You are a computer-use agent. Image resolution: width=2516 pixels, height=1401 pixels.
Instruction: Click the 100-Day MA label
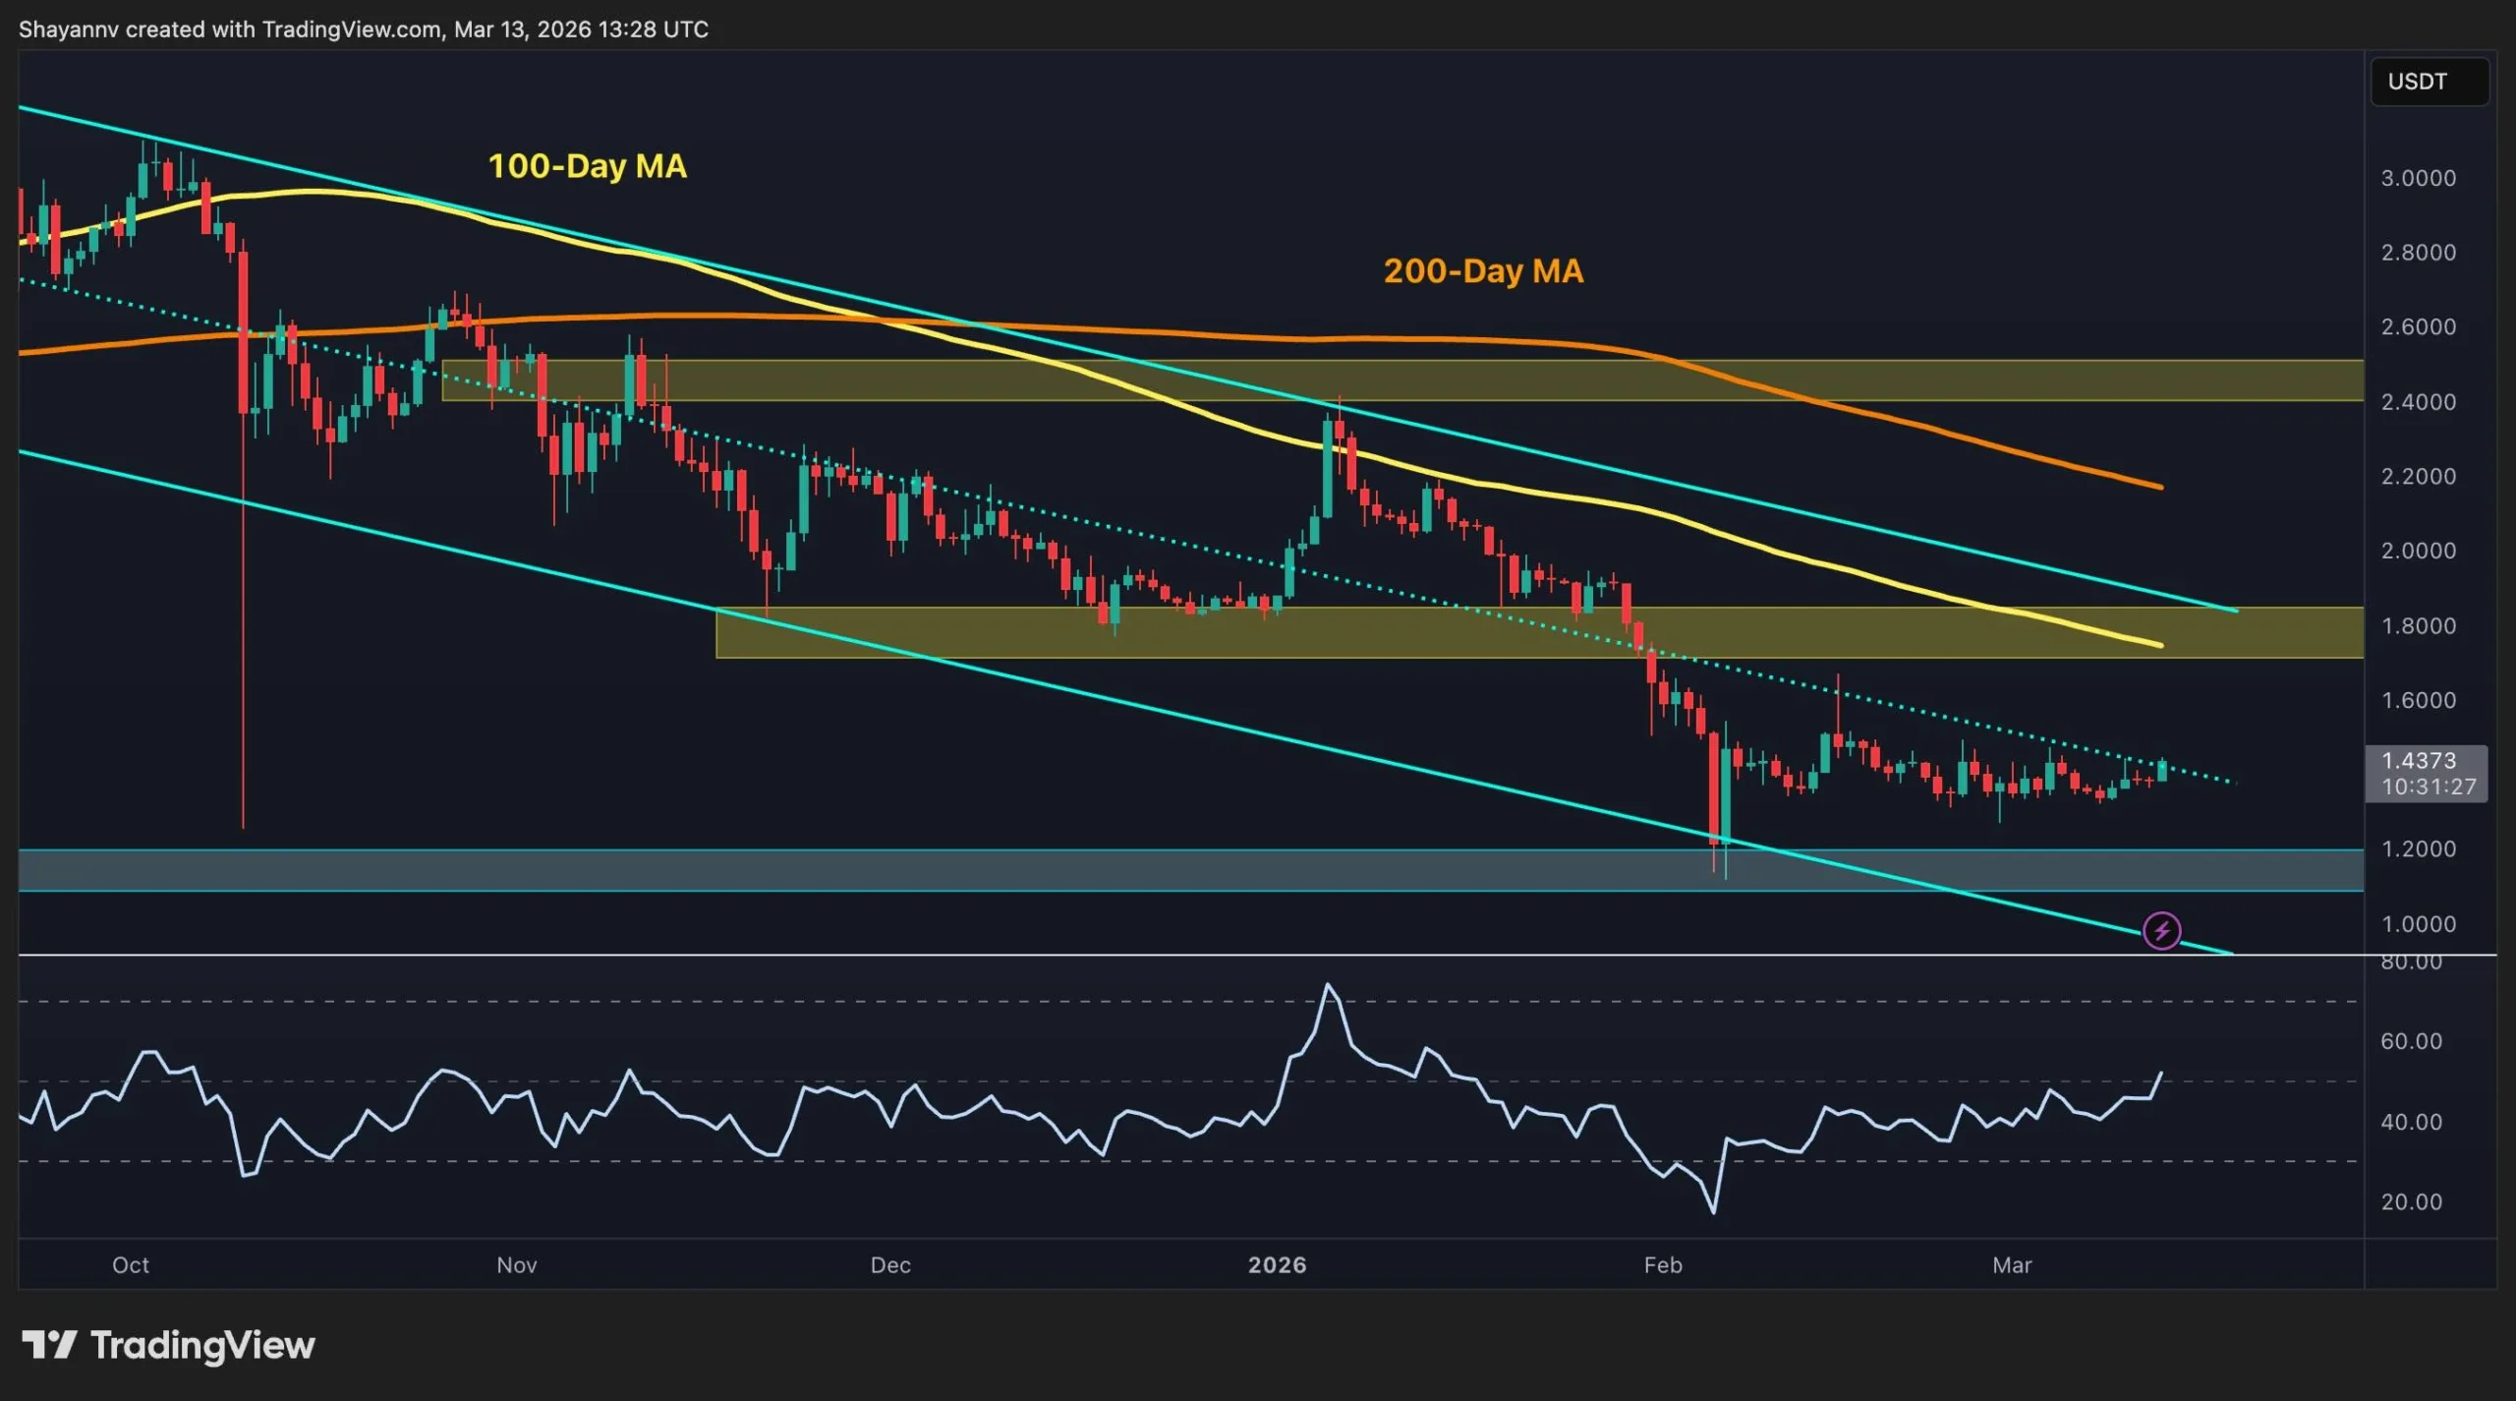[x=587, y=166]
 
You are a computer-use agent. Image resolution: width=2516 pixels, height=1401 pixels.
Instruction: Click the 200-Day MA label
[x=1483, y=271]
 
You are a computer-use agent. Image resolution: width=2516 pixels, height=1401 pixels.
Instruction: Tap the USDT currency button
[x=2429, y=82]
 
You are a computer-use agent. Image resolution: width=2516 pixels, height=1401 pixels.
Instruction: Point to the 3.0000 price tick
[x=2418, y=178]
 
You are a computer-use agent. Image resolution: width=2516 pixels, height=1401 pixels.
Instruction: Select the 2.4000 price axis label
[x=2418, y=402]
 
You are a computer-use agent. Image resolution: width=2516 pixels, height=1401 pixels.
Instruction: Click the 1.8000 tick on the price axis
[x=2418, y=626]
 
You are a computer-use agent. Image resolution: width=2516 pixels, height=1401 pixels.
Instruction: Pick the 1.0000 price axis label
[x=2418, y=924]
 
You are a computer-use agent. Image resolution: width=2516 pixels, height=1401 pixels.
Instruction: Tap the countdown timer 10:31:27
[x=2428, y=787]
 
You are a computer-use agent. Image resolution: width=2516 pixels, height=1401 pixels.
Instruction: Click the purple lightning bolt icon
[x=2161, y=930]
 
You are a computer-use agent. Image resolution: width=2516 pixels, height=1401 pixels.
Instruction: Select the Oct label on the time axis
[x=131, y=1265]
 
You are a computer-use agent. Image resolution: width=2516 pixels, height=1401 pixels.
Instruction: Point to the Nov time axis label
[x=517, y=1265]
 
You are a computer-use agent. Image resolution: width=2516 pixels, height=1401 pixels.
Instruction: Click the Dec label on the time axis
[x=890, y=1265]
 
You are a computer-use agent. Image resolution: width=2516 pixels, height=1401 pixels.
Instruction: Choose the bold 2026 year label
[x=1277, y=1265]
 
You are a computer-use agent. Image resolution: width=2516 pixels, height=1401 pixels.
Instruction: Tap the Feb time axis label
[x=1663, y=1265]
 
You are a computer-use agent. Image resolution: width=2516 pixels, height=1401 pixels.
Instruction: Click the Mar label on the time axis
[x=2012, y=1265]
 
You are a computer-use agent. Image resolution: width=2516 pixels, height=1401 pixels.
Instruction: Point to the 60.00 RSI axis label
[x=2411, y=1041]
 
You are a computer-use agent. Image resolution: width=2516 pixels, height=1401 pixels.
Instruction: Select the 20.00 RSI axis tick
[x=2411, y=1201]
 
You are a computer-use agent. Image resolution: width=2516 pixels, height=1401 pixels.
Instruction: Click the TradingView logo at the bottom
[x=168, y=1345]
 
